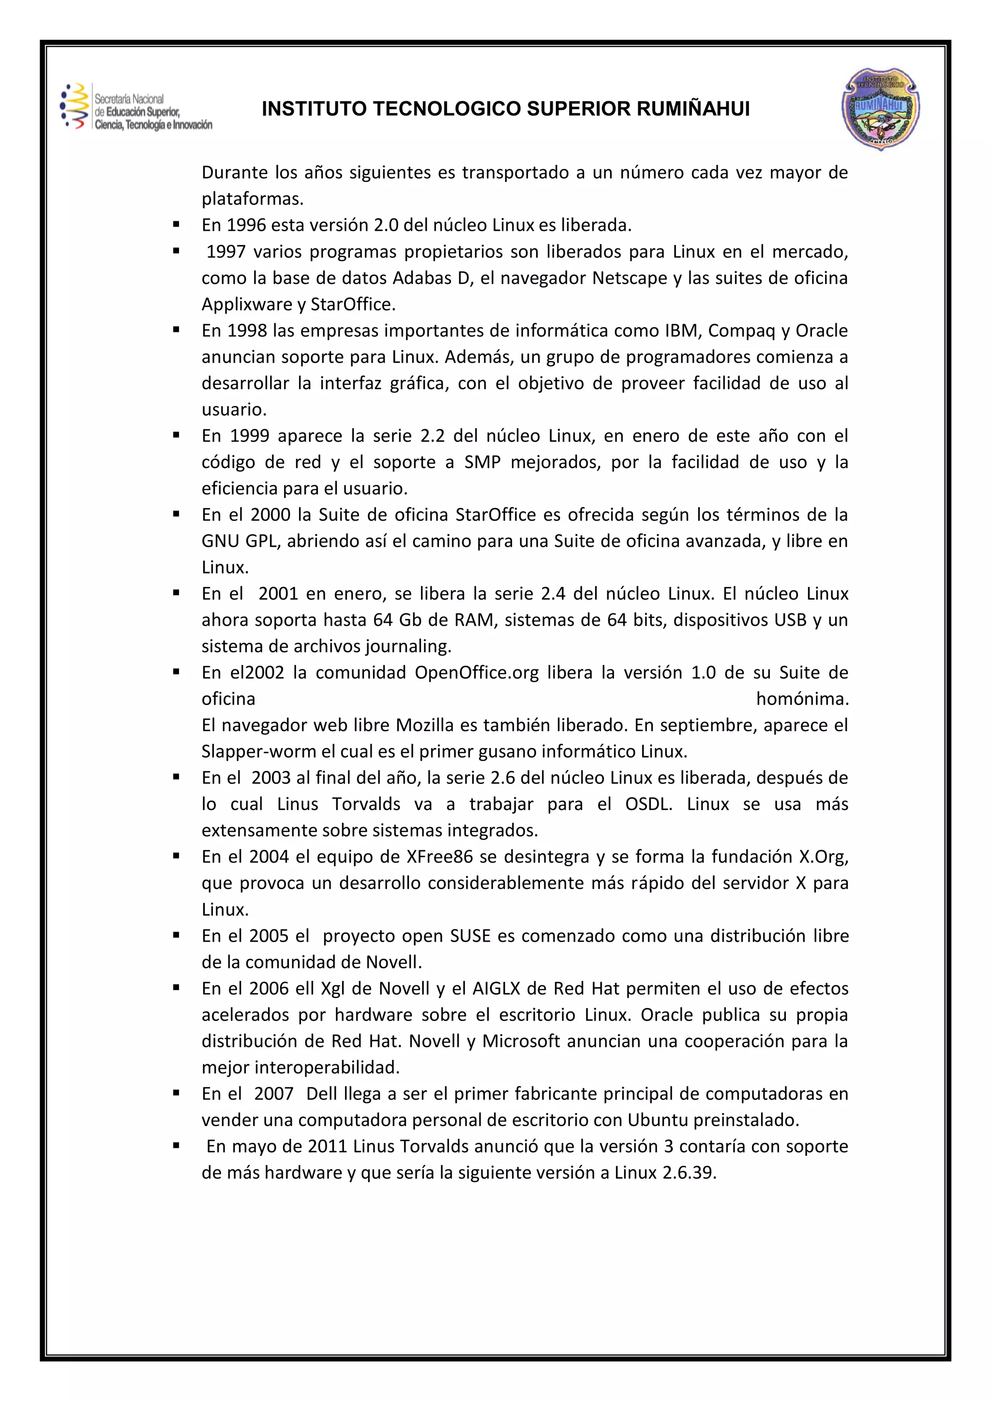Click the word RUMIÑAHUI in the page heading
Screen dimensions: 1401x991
click(693, 109)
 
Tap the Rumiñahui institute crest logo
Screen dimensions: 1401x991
click(881, 109)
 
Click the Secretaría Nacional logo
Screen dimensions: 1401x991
click(136, 107)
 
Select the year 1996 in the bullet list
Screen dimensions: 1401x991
click(246, 225)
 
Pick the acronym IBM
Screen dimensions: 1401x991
click(682, 331)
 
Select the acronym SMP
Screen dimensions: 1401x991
click(482, 463)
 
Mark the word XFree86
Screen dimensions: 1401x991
click(440, 857)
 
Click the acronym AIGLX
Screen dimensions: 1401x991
click(496, 989)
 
